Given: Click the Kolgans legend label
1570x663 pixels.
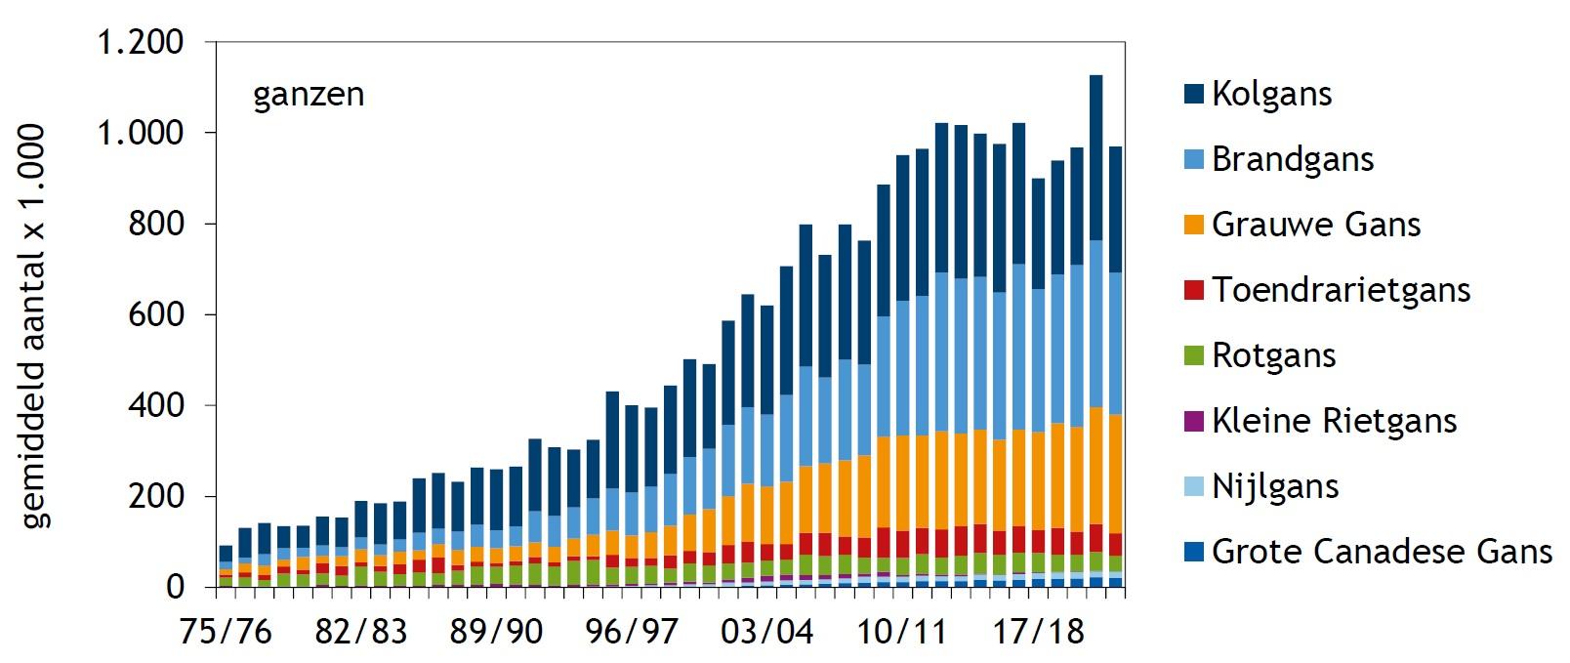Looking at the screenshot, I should pyautogui.click(x=1271, y=95).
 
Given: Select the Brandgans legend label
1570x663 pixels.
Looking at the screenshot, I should pyautogui.click(x=1292, y=160).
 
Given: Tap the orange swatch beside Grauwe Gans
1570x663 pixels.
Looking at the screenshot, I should pyautogui.click(x=1193, y=225).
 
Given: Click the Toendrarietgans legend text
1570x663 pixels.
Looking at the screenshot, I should pyautogui.click(x=1341, y=291).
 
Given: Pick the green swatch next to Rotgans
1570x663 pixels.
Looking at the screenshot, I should pyautogui.click(x=1193, y=355).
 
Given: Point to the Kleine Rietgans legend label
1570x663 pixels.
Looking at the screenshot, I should pyautogui.click(x=1334, y=422).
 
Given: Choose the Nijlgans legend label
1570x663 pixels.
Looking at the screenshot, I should pyautogui.click(x=1274, y=487).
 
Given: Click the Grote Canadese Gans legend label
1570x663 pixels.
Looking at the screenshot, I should pyautogui.click(x=1382, y=553).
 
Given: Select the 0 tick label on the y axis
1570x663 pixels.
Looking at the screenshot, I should pyautogui.click(x=175, y=587).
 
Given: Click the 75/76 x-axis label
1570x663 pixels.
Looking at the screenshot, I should pyautogui.click(x=226, y=632).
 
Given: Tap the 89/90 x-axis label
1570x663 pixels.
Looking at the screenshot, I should pyautogui.click(x=496, y=632).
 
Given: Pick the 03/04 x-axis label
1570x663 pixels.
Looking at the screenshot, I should pyautogui.click(x=766, y=632).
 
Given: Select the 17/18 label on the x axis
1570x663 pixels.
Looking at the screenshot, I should pyautogui.click(x=1038, y=632).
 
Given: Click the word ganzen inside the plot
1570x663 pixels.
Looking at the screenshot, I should pyautogui.click(x=309, y=96).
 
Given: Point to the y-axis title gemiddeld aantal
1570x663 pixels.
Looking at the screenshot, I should pyautogui.click(x=34, y=327).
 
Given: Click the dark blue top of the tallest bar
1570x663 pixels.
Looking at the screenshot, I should pyautogui.click(x=1095, y=156).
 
